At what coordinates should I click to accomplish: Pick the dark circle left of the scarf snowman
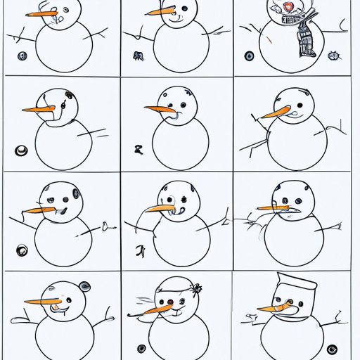(249, 56)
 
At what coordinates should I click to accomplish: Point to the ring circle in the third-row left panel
(22, 247)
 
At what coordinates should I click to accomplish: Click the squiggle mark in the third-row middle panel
(141, 250)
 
